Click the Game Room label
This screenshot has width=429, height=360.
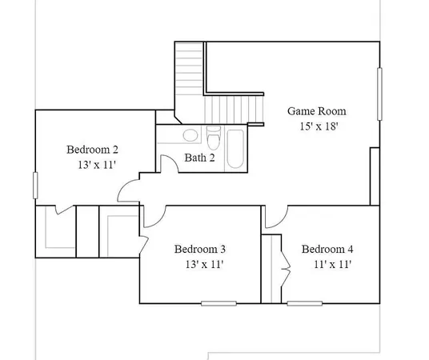(317, 111)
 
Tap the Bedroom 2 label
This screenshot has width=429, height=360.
(92, 150)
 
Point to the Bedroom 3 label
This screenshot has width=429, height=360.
(200, 249)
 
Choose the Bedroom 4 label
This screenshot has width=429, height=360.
(327, 249)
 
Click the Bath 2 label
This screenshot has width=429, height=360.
(200, 158)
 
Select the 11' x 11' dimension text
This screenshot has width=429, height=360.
(332, 264)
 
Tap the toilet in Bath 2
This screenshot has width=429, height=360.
(214, 134)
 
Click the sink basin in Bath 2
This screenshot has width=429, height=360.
(190, 135)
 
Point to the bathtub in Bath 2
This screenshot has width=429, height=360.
(235, 148)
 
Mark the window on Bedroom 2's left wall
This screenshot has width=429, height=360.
(34, 186)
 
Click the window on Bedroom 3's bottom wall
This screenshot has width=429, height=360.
(219, 303)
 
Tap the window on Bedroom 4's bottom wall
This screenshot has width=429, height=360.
(305, 303)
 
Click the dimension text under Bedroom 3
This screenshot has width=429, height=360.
(204, 264)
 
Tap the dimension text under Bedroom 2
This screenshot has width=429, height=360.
(96, 165)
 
